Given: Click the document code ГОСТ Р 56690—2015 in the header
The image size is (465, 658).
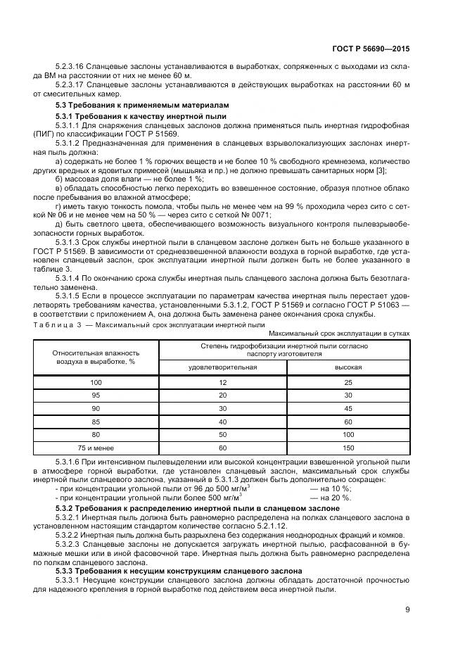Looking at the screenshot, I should click(371, 49).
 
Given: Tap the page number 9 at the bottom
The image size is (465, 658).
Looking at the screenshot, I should click(407, 609).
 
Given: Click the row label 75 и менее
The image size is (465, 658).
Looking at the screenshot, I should click(96, 447).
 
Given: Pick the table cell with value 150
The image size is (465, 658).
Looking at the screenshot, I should click(348, 447).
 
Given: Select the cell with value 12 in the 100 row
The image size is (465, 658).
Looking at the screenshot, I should click(222, 381).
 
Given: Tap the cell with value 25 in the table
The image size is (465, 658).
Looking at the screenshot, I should click(348, 381).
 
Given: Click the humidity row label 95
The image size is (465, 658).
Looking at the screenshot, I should click(96, 395).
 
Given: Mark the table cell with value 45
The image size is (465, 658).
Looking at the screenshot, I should click(348, 408).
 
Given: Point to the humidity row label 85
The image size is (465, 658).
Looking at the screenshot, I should click(96, 421).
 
